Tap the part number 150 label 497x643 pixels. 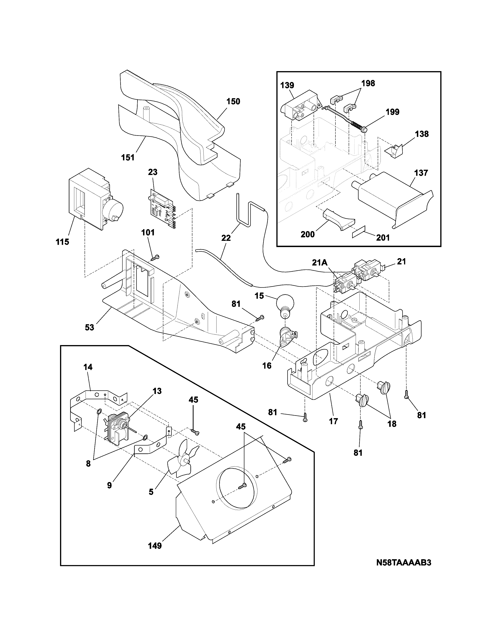pos(233,102)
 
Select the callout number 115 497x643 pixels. pos(62,242)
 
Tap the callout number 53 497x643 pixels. pos(89,327)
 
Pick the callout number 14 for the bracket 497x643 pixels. pos(88,367)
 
